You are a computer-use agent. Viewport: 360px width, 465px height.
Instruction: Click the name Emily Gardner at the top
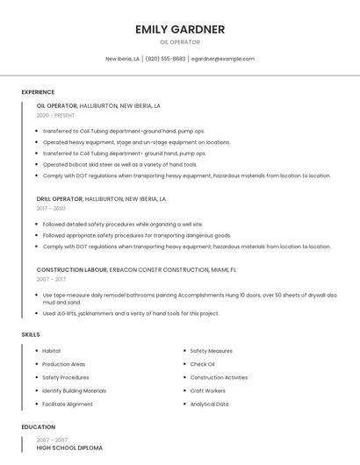tap(180, 29)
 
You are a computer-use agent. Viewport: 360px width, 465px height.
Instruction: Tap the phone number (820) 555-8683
tap(165, 59)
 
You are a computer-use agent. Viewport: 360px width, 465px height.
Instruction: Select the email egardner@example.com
tap(223, 59)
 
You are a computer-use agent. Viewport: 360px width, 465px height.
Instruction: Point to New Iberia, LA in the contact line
tap(122, 59)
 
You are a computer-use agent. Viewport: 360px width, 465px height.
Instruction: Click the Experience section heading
tap(38, 92)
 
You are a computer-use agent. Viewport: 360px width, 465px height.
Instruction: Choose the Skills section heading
tap(31, 334)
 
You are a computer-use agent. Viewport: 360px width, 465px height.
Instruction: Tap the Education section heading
tap(37, 427)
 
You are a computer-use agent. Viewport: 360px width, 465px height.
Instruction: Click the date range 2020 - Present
tap(55, 115)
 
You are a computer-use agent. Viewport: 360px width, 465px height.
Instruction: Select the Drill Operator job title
tap(60, 199)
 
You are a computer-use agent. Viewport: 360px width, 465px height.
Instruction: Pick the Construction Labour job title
tap(72, 270)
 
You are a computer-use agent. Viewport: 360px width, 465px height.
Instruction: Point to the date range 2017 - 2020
tap(51, 209)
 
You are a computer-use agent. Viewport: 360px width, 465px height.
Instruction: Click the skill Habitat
tap(52, 351)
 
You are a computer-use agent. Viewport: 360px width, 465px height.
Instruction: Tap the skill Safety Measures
tap(211, 351)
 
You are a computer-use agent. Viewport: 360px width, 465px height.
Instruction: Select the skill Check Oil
tap(202, 364)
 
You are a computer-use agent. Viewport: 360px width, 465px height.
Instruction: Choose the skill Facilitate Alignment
tap(68, 404)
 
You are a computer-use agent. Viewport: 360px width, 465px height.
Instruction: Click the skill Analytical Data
tap(209, 404)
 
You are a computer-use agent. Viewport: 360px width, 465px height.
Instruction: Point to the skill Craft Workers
tap(207, 391)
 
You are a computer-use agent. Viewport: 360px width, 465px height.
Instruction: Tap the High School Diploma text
tap(69, 447)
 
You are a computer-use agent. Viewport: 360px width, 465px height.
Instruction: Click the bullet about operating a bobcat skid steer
tap(120, 164)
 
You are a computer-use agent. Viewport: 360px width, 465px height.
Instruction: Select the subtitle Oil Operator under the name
tap(180, 42)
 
